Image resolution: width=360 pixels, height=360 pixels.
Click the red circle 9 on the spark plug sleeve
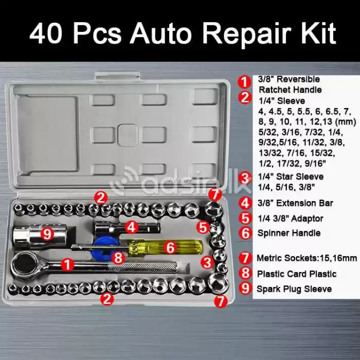(x=47, y=235)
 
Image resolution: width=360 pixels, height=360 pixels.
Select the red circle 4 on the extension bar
(x=131, y=226)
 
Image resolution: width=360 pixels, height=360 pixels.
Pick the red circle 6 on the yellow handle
(x=171, y=247)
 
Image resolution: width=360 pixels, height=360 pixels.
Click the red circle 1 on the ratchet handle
(x=66, y=265)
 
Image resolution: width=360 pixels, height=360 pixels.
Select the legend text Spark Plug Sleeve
(x=294, y=289)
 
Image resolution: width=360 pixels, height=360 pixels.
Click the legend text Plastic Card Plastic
(x=297, y=274)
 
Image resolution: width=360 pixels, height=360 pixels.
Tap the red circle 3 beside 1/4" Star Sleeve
(x=246, y=178)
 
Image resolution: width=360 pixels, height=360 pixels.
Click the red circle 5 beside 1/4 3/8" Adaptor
(x=246, y=218)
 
